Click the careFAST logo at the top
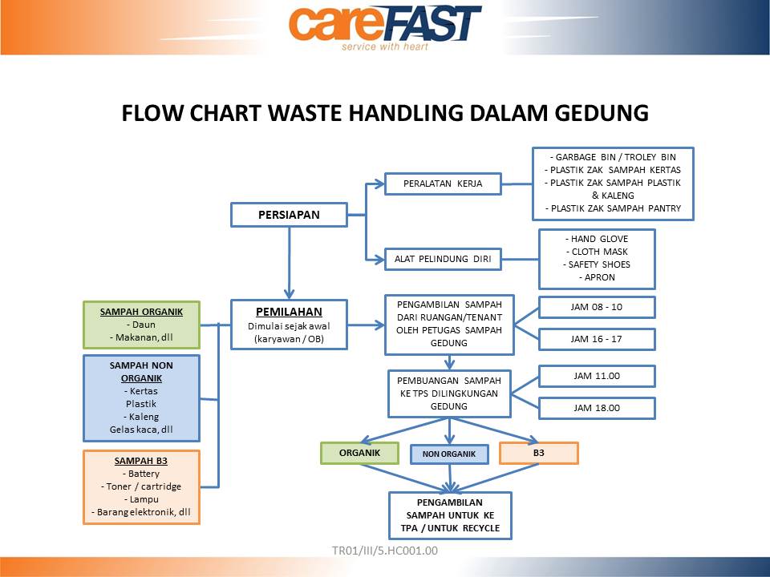(385, 26)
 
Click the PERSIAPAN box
(289, 215)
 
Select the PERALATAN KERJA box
(443, 184)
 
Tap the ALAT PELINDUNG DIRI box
(443, 259)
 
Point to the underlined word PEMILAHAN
(289, 312)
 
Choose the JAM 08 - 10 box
(597, 307)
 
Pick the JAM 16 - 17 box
(597, 339)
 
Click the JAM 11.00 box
(597, 377)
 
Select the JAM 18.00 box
(597, 408)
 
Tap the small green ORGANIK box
(359, 453)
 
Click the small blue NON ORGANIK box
(449, 454)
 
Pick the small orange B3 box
(539, 453)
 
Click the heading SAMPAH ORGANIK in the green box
(141, 312)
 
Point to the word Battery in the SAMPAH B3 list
(144, 474)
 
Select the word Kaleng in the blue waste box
(144, 417)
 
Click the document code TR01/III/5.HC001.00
(385, 551)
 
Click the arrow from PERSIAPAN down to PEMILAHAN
(289, 263)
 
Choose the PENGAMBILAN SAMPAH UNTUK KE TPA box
(450, 515)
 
